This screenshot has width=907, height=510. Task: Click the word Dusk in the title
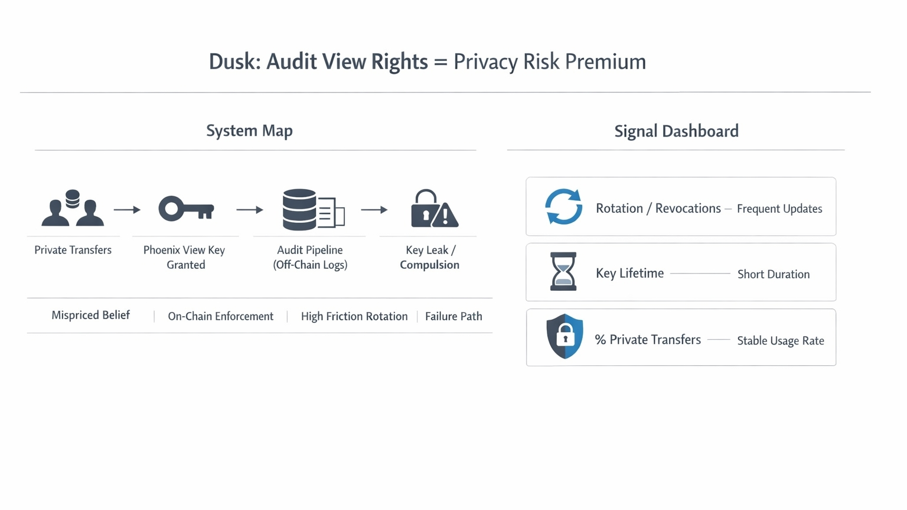click(x=234, y=61)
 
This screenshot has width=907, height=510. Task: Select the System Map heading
click(x=249, y=131)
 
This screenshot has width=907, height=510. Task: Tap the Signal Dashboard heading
click(x=676, y=131)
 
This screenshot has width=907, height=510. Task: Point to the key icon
click(x=186, y=209)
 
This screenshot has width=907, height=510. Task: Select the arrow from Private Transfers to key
click(x=127, y=210)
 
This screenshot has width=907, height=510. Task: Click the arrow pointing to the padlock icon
click(x=374, y=210)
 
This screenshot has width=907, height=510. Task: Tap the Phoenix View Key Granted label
click(x=185, y=257)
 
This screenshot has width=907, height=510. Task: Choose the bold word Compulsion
click(x=429, y=265)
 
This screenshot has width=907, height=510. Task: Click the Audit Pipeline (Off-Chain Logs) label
click(x=310, y=257)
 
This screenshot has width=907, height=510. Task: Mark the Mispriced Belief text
click(x=90, y=315)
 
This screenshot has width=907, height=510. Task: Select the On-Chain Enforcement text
click(x=220, y=316)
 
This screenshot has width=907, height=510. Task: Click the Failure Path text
click(x=453, y=316)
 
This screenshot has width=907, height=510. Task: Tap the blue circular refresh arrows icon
click(x=563, y=207)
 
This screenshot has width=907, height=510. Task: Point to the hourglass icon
click(x=563, y=271)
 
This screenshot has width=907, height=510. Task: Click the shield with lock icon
click(x=565, y=336)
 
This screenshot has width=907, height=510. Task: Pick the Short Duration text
click(x=773, y=274)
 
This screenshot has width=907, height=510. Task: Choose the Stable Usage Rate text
click(x=780, y=340)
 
